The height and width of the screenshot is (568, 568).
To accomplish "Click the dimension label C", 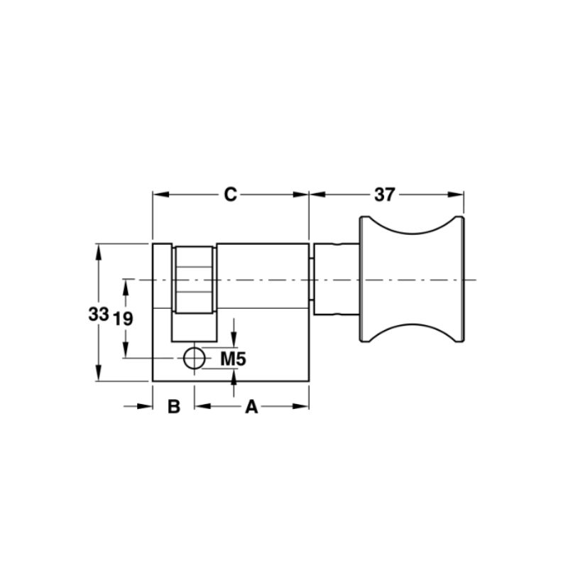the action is click(230, 195).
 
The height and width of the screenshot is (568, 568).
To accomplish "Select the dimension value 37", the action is click(384, 195).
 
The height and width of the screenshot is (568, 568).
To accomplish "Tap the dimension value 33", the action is click(99, 314).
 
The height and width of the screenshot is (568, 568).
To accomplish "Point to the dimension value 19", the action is click(123, 319).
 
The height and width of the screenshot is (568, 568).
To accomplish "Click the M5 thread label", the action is click(234, 359).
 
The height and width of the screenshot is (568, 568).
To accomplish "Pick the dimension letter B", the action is click(174, 406).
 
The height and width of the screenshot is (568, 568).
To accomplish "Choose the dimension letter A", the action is click(251, 406).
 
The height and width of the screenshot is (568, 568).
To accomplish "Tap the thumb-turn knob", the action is click(413, 279).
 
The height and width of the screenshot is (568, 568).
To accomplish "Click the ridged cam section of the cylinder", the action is click(194, 280).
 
